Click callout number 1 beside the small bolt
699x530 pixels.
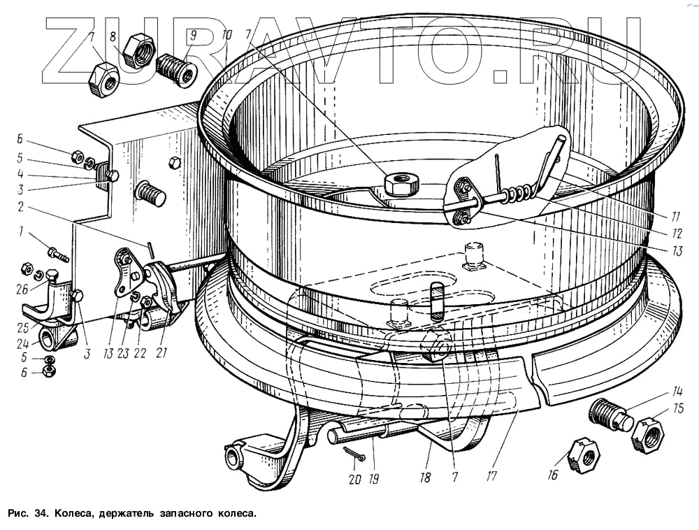pyautogui.click(x=22, y=232)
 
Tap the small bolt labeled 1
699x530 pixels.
pyautogui.click(x=57, y=253)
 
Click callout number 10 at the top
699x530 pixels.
pyautogui.click(x=227, y=34)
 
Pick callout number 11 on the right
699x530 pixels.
pyautogui.click(x=676, y=215)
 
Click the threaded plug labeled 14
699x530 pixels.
pyautogui.click(x=610, y=414)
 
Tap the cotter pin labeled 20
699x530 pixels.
pyautogui.click(x=356, y=457)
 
